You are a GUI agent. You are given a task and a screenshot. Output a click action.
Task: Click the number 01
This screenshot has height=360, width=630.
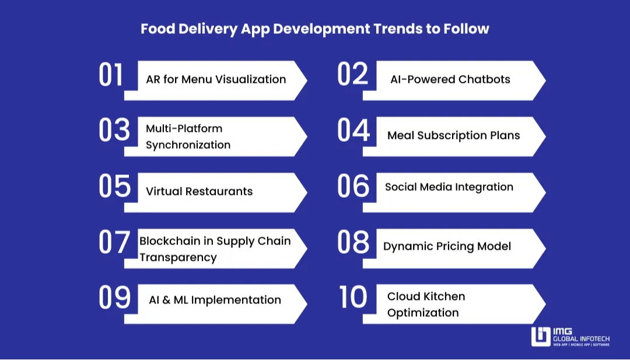[x=111, y=75]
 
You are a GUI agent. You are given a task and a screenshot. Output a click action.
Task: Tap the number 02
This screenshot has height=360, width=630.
[x=353, y=74]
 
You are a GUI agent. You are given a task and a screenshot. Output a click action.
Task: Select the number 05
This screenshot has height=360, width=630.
[x=114, y=187]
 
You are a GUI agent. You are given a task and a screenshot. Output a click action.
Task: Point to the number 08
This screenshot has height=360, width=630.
[x=353, y=243]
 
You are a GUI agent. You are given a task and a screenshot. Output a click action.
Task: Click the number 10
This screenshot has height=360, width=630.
[x=353, y=298]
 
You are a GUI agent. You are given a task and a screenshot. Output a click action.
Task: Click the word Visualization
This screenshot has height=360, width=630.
[x=251, y=79]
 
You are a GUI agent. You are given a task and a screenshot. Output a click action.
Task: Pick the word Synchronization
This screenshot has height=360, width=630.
[x=188, y=145]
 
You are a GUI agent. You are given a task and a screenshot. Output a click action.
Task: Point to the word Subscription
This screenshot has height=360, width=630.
[x=453, y=135]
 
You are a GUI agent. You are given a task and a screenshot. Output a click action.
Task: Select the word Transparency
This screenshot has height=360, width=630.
[x=178, y=257]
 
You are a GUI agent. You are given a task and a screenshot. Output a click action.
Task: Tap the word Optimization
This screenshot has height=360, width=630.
[x=423, y=313]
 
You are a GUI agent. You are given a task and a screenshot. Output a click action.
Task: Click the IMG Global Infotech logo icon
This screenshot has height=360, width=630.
[x=540, y=337]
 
